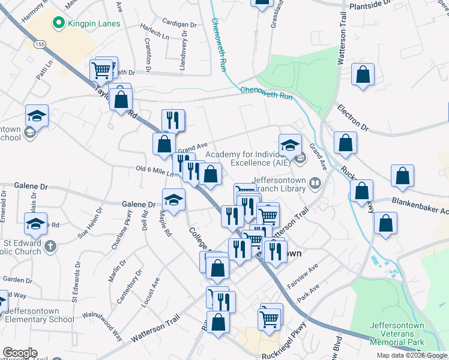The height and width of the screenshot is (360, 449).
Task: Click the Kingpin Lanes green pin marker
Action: click(59, 23)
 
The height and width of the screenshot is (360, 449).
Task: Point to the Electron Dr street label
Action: click(352, 118)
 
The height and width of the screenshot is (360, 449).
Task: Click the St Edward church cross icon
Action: click(51, 245)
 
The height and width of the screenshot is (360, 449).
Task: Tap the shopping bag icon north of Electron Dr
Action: click(363, 75)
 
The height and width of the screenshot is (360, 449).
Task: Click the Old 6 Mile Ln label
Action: click(154, 171)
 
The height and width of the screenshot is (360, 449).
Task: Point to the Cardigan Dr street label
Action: click(179, 25)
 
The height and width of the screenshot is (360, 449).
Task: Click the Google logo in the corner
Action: click(19, 353)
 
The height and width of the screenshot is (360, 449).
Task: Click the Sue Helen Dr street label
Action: click(91, 222)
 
